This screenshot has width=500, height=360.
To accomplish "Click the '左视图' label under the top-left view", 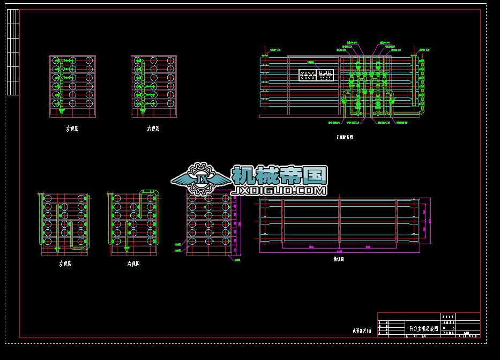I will pyautogui.click(x=72, y=129).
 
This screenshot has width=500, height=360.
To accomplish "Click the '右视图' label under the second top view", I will pyautogui.click(x=153, y=129).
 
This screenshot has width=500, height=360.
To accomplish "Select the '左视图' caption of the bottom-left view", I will pyautogui.click(x=65, y=264).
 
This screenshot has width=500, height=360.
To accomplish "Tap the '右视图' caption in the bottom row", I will pyautogui.click(x=133, y=264).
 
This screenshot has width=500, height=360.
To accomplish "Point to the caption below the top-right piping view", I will pyautogui.click(x=344, y=137).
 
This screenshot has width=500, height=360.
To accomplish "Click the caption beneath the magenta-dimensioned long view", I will pyautogui.click(x=339, y=258).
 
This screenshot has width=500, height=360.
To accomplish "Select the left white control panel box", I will pyautogui.click(x=308, y=75).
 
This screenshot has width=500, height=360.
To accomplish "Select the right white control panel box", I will pyautogui.click(x=325, y=75).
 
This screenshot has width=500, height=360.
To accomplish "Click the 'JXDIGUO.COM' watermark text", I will pyautogui.click(x=279, y=191).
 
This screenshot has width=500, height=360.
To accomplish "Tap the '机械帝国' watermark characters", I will pyautogui.click(x=279, y=175).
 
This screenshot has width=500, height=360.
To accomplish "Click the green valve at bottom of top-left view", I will pyautogui.click(x=61, y=111).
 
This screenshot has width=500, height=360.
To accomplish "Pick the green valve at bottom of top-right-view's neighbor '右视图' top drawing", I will pyautogui.click(x=144, y=111).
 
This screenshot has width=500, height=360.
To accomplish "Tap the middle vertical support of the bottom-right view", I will pyautogui.click(x=340, y=222).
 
